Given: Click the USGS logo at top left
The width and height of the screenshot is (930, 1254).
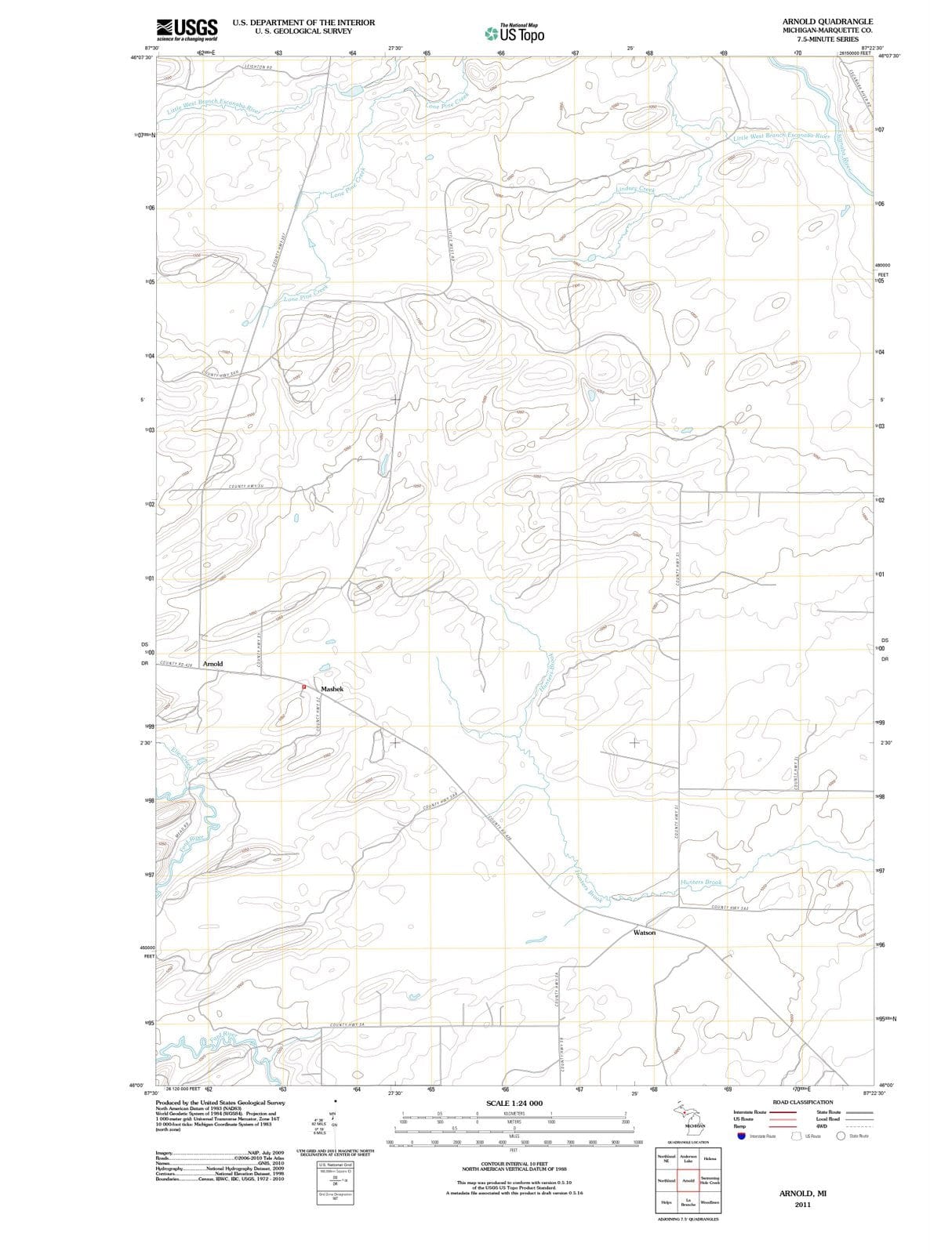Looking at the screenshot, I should pos(187,30).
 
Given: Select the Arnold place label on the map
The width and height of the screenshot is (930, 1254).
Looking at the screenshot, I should pos(213,664).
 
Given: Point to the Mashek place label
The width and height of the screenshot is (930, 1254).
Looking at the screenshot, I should pos(332,689).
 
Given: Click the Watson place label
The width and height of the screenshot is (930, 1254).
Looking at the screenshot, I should pos(644,933).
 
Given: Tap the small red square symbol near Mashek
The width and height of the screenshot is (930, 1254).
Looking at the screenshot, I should pos(304,687).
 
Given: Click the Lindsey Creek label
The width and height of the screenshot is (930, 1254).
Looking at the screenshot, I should pos(636,189).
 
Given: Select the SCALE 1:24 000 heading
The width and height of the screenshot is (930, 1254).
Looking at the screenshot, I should pos(514,1104).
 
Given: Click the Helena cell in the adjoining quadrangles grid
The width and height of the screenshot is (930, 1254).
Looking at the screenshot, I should pos(710,1158).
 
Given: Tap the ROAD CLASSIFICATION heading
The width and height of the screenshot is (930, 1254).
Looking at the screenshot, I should pos(802,1102).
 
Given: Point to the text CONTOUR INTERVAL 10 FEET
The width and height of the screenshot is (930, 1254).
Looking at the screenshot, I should pos(514,1164).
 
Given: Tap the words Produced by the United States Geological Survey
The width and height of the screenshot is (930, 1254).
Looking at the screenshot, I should pos(220,1102).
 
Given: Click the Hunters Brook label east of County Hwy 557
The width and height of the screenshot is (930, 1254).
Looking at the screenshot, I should pos(701,882).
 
